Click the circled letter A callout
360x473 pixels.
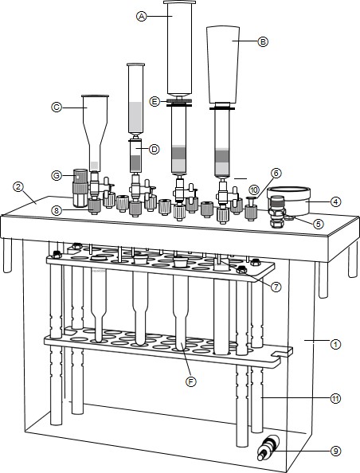coord(141,16)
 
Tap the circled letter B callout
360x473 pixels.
coord(263,41)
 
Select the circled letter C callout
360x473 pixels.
coord(57,107)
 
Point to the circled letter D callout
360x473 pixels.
coord(155,149)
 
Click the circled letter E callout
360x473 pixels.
coord(155,102)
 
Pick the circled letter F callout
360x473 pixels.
coord(190,381)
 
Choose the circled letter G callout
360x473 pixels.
coord(57,175)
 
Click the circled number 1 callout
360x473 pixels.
coord(335,344)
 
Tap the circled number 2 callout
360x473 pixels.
coord(18,186)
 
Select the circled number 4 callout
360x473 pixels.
coord(335,201)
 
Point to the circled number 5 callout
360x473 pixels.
coord(318,224)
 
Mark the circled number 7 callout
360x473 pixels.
coord(276,287)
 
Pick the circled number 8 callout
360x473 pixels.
coord(57,210)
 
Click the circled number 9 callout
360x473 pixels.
coord(335,451)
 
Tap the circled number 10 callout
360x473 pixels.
coord(254,190)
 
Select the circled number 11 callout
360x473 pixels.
coord(335,398)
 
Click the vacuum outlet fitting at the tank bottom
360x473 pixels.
coord(268,448)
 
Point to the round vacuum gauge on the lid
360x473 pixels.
coord(289,201)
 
